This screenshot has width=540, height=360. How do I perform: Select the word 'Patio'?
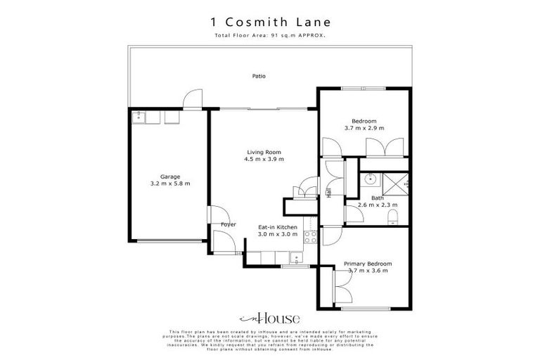click(x=259, y=76)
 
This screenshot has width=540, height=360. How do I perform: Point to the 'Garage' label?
click(x=170, y=176)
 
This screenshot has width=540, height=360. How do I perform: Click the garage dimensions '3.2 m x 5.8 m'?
click(x=170, y=184)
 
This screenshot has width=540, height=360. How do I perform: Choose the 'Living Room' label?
click(x=264, y=152)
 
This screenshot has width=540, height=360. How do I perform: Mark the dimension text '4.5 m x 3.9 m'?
click(x=264, y=159)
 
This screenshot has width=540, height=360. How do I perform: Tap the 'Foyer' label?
click(x=228, y=224)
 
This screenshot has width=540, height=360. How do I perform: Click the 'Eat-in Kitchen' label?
click(x=278, y=227)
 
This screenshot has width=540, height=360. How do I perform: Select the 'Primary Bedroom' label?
click(x=368, y=264)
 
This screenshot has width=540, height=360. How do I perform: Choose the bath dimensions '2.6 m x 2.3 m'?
click(x=378, y=205)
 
